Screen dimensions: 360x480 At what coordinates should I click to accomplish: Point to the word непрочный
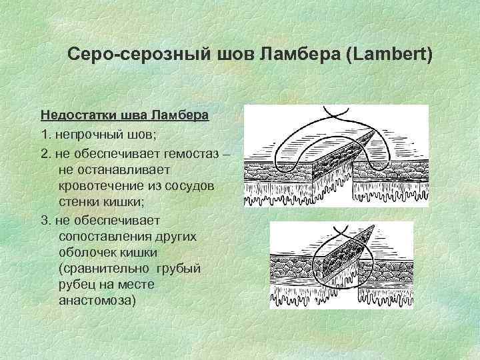tap(87, 135)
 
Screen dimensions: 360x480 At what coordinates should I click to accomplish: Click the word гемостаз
tap(193, 153)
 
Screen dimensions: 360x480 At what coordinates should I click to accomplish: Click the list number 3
tap(44, 219)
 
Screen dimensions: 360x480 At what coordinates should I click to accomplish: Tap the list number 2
tap(44, 153)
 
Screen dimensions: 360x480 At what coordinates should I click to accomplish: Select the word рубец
tap(78, 284)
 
